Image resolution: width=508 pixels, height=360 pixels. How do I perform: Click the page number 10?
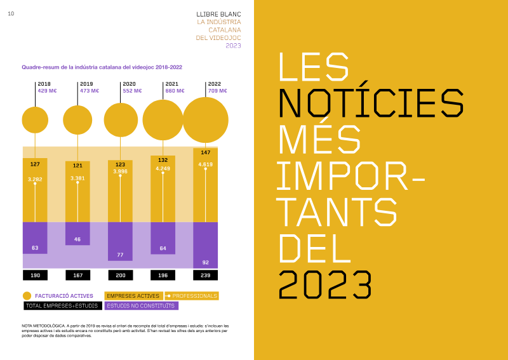click(11, 14)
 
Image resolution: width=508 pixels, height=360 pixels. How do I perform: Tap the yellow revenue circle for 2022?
click(205, 120)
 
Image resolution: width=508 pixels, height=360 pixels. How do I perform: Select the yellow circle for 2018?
click(35, 120)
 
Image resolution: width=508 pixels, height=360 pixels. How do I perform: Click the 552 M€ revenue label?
click(131, 91)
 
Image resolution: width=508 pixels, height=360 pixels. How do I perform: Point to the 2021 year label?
click(171, 84)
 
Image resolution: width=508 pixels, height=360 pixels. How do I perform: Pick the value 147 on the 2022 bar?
click(205, 152)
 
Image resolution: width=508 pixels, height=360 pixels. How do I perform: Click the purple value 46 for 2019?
click(77, 239)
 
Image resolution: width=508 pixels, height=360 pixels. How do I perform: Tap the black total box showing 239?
click(205, 276)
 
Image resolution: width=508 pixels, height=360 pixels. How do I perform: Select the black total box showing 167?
click(77, 276)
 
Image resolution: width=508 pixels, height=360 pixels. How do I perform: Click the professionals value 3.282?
click(35, 180)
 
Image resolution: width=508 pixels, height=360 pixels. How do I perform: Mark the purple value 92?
click(205, 262)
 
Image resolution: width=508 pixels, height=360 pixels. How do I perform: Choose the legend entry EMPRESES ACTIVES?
click(133, 296)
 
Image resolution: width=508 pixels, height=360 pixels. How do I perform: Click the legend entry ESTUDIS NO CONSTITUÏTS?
click(142, 305)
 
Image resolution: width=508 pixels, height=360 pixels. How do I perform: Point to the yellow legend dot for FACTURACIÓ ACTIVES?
click(27, 296)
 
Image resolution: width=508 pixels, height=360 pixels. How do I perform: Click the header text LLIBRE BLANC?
click(219, 13)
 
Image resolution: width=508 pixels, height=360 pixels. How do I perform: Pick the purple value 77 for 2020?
click(120, 255)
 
